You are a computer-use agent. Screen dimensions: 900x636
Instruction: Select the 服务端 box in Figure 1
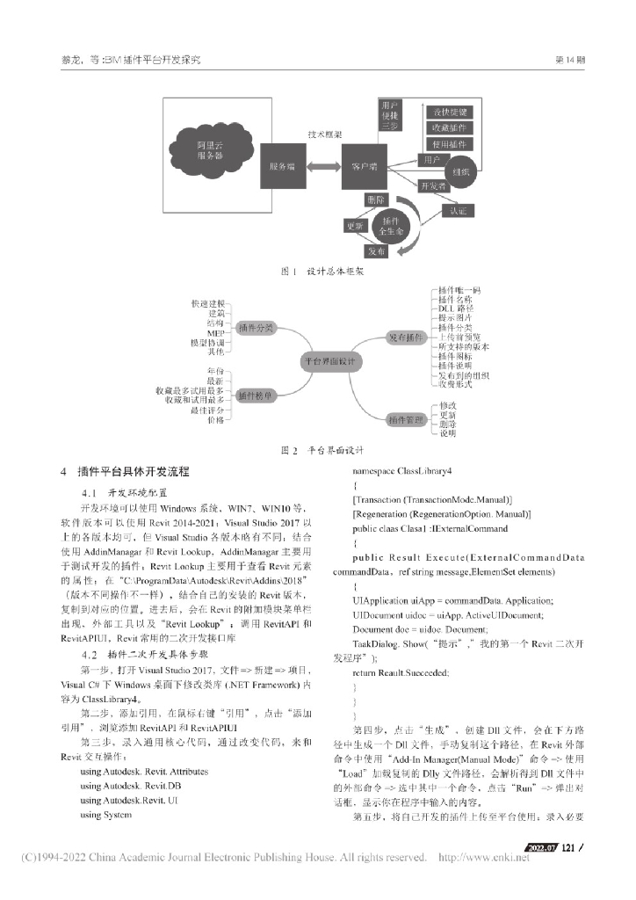click(282, 166)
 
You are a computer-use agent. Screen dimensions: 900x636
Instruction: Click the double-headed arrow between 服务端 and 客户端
click(322, 166)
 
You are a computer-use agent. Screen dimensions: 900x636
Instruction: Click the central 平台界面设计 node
click(327, 360)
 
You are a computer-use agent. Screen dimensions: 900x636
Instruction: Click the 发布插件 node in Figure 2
click(406, 337)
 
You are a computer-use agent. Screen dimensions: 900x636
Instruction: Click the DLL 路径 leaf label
click(457, 309)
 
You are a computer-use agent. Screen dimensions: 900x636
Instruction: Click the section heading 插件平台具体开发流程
click(134, 473)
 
